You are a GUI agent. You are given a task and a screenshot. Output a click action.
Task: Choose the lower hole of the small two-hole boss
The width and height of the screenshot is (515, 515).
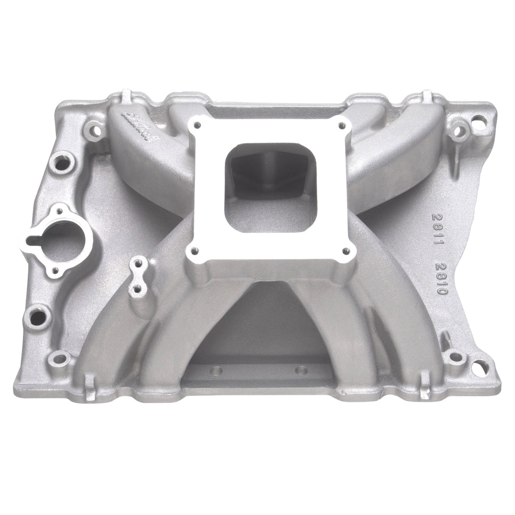coord(138,289)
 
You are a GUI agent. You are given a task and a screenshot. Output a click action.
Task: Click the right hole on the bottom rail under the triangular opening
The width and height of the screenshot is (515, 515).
coord(301,370)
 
